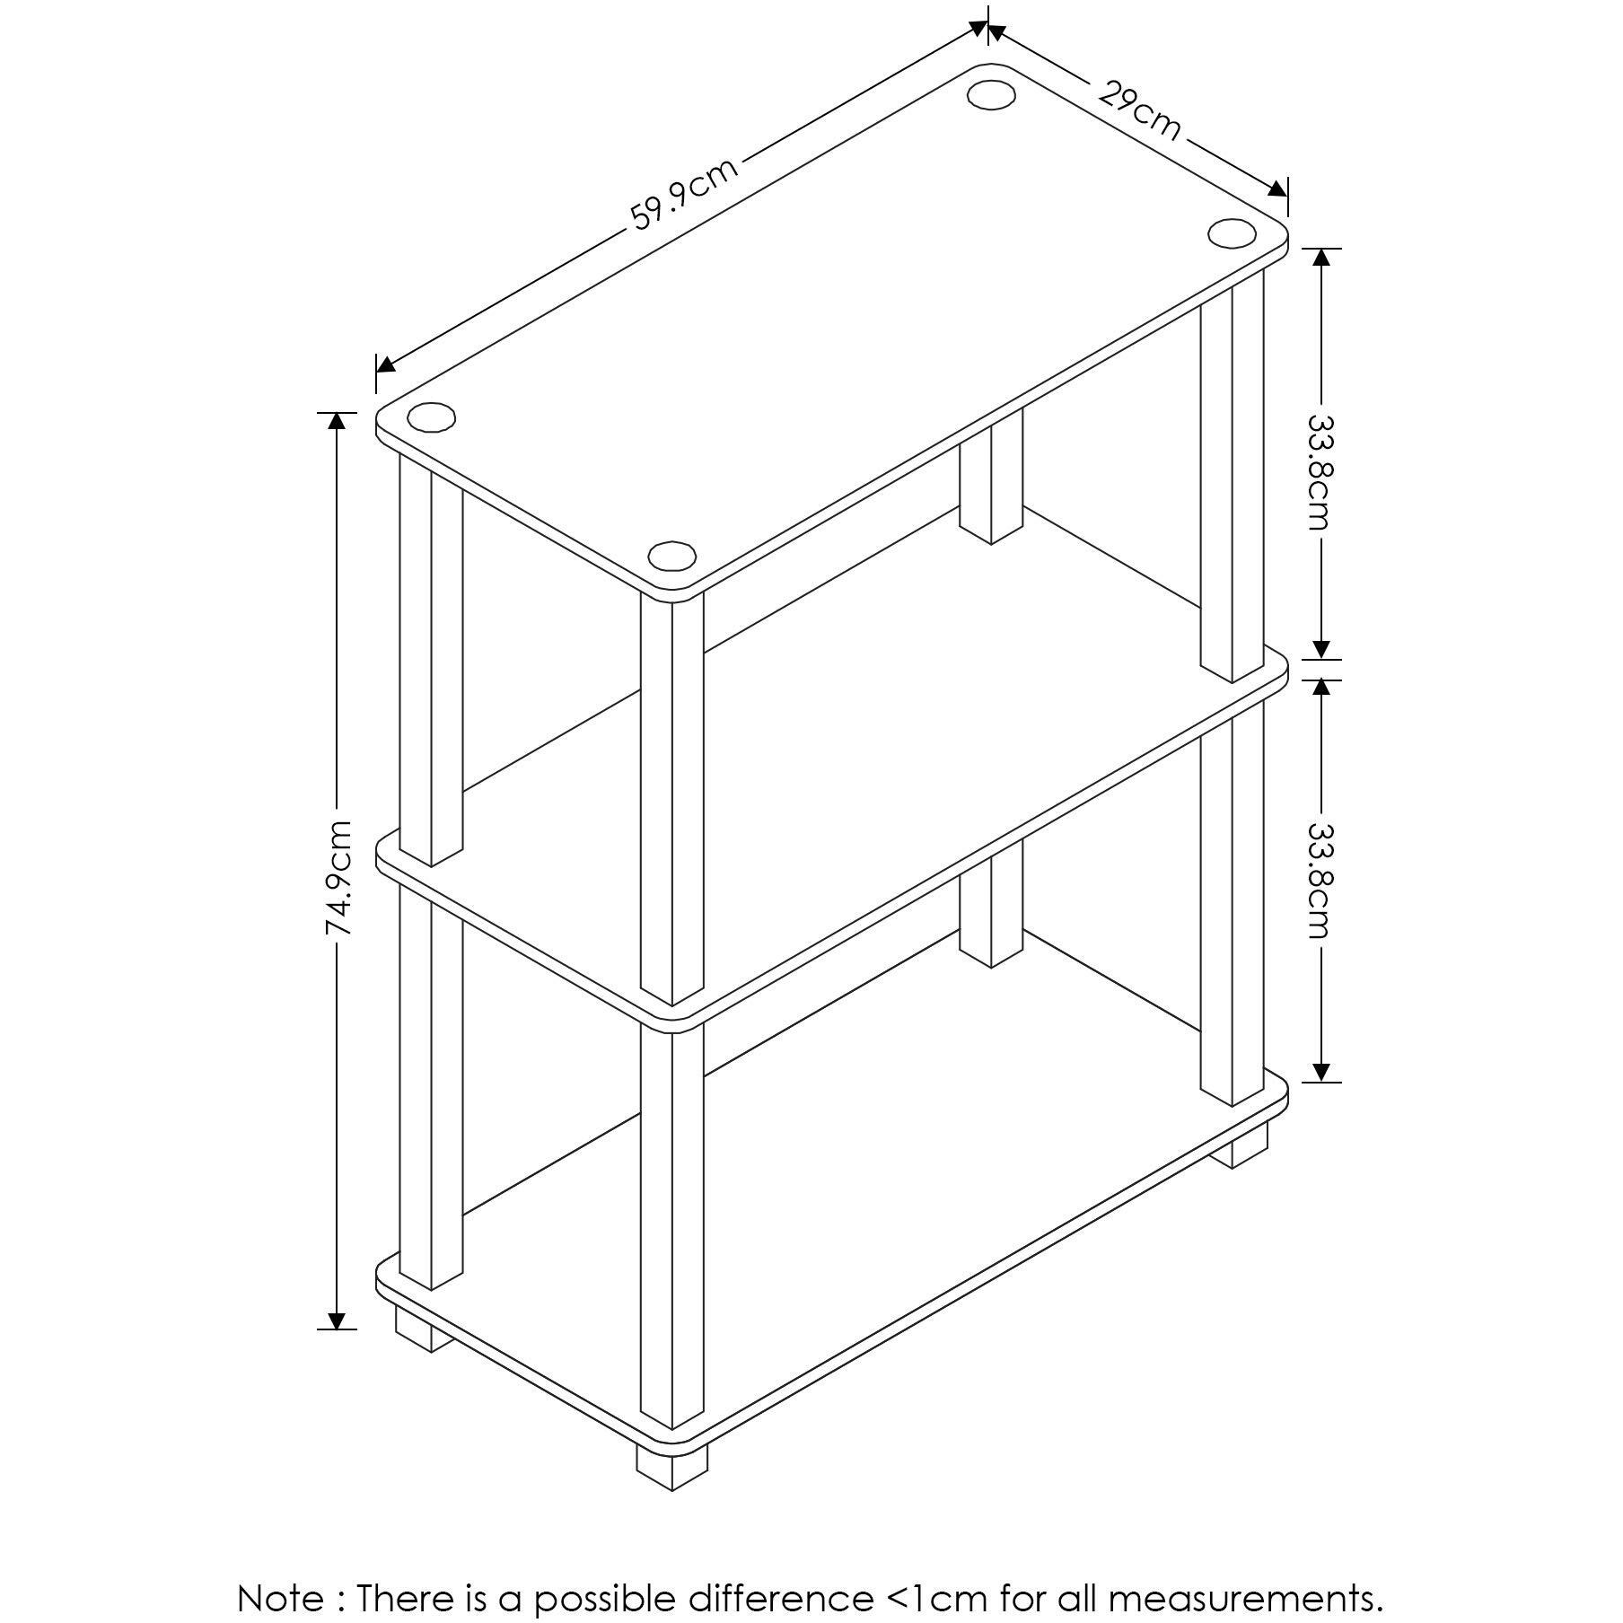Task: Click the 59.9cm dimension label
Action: [x=685, y=193]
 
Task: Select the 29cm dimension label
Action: [x=1137, y=110]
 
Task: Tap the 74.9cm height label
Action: [x=338, y=878]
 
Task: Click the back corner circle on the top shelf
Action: [x=990, y=95]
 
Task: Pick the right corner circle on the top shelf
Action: [x=1232, y=232]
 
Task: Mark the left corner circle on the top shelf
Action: [x=431, y=417]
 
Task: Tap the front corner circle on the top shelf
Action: [x=671, y=556]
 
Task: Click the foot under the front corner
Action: [x=671, y=1469]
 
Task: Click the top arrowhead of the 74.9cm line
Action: [x=337, y=421]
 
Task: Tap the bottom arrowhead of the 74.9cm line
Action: [x=337, y=1320]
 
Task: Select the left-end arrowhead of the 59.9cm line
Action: [x=386, y=363]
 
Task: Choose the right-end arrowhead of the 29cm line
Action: [x=1277, y=189]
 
